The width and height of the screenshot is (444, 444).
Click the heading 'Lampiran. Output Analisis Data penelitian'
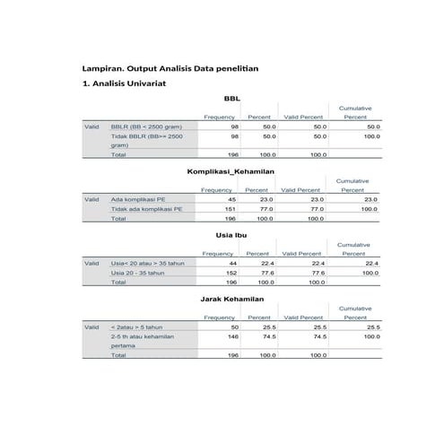point(178,68)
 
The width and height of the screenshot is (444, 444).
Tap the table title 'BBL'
point(231,100)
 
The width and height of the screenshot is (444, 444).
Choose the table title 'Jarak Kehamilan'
point(231,298)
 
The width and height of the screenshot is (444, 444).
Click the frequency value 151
point(230,209)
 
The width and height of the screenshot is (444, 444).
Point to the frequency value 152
point(230,273)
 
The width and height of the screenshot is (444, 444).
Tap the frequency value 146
point(230,338)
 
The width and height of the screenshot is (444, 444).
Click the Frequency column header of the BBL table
point(219,118)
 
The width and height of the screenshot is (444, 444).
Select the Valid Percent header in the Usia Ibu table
point(300,254)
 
